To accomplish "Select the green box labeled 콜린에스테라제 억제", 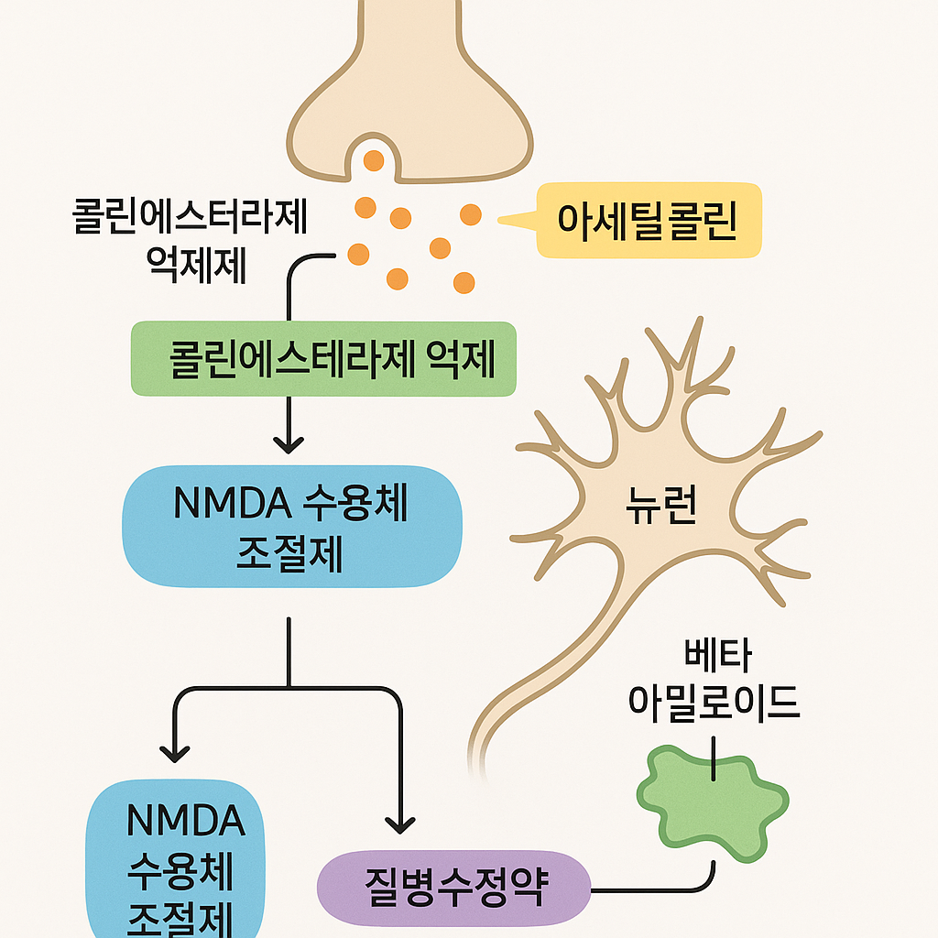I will coord(323,359).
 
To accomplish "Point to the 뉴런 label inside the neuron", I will coord(661,506).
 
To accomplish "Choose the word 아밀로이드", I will coord(714,701).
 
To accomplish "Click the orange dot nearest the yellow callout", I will coord(470,214).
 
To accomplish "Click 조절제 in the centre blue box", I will coord(289,554).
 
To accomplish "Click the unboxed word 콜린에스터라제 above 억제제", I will coord(190,220).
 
